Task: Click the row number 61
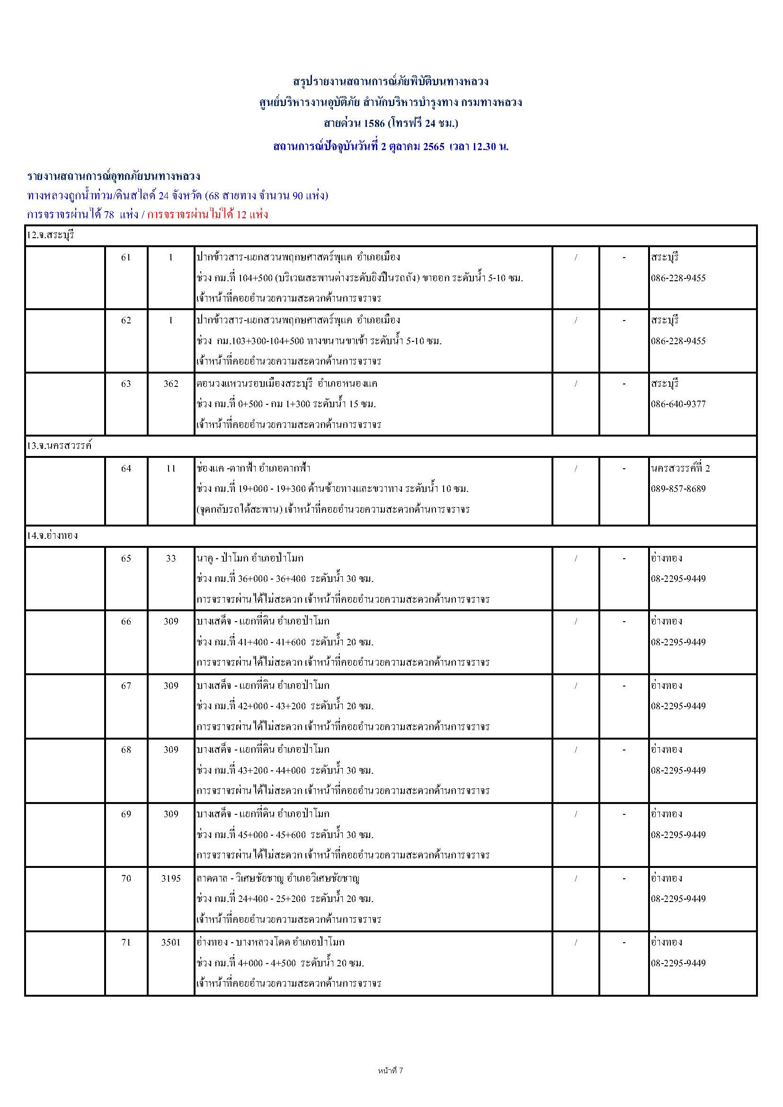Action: (126, 258)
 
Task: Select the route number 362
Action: (171, 384)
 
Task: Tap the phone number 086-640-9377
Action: (678, 404)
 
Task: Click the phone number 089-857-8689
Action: (678, 489)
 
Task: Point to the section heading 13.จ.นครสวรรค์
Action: (59, 446)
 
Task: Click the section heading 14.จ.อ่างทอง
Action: (52, 535)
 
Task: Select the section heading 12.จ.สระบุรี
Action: (50, 236)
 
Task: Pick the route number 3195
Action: (171, 878)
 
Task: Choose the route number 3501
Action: (171, 942)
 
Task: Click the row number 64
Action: (126, 468)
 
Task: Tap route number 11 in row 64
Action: (171, 468)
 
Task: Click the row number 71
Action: (126, 942)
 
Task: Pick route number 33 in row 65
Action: (171, 558)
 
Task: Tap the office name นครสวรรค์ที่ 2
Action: (680, 468)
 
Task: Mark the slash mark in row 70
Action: (576, 878)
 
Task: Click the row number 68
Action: (126, 750)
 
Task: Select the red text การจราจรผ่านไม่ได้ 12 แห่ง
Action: (207, 214)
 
